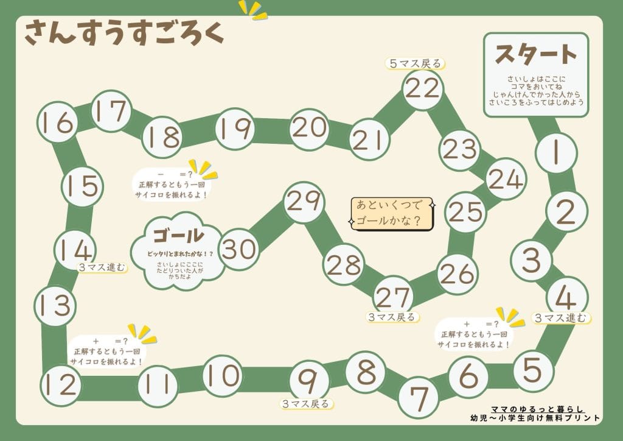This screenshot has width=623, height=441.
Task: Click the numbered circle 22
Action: point(422,90)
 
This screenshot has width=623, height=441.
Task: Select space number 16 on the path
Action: point(58,123)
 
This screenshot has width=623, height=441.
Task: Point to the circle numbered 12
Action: point(61,384)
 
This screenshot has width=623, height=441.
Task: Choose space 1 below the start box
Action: point(555,152)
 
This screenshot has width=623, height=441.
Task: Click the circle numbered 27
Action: point(393,297)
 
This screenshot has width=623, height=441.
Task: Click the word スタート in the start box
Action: point(535,55)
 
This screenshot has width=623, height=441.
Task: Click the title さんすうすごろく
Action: point(124,33)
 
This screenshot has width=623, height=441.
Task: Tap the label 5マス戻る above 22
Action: point(415,63)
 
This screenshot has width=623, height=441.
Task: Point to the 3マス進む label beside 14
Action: point(102,267)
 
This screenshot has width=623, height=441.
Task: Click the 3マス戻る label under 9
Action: point(307,403)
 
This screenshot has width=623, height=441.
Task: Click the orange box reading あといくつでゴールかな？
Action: point(392,213)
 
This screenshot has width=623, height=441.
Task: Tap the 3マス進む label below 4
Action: point(562,317)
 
